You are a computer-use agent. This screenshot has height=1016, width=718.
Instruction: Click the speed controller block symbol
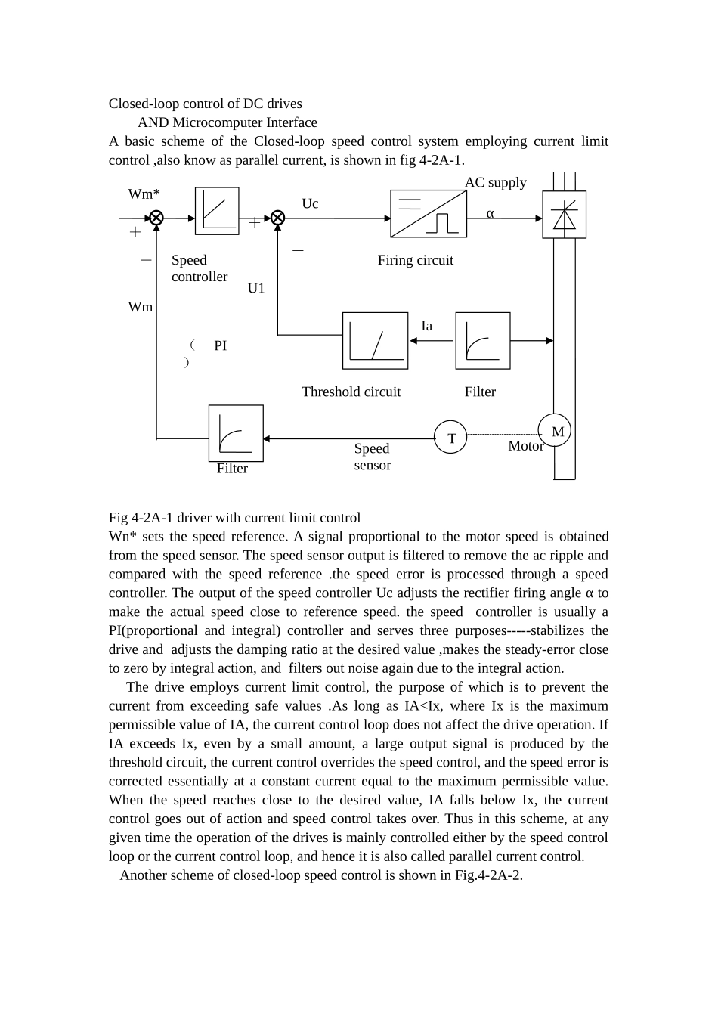[217, 211]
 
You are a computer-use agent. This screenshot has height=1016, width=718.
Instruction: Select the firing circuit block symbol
[429, 214]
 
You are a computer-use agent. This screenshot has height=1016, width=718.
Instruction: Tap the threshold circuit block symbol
[375, 341]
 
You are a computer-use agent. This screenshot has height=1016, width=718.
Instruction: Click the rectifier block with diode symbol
[564, 215]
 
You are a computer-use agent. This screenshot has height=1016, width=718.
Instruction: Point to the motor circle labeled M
[555, 431]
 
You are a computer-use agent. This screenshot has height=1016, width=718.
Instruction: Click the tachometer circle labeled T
[450, 438]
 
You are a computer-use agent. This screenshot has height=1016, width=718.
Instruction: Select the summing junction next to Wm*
[156, 218]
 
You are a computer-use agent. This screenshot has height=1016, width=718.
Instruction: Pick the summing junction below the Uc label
[277, 218]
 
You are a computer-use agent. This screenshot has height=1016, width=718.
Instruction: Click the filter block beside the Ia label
[483, 341]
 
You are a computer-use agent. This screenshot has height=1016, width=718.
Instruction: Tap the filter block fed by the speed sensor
[236, 433]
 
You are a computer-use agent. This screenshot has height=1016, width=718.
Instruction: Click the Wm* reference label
[144, 194]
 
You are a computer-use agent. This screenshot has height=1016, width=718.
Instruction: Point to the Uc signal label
[310, 203]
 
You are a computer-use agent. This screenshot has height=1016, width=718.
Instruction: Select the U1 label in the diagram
[256, 288]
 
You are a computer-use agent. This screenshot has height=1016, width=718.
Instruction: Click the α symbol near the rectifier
[490, 214]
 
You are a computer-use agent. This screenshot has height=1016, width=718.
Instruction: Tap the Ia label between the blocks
[426, 326]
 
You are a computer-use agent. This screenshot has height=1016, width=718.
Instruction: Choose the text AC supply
[495, 182]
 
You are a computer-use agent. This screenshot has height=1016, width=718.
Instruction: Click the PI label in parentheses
[220, 345]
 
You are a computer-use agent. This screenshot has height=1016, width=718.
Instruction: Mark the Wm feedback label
[141, 307]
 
